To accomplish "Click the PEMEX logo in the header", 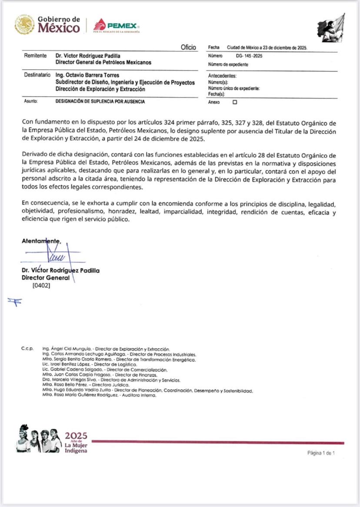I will point(116,26).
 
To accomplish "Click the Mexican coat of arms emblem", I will point(24,24).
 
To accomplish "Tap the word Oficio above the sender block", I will point(188,47).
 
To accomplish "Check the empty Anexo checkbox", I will point(235,102).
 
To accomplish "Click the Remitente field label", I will point(35,56).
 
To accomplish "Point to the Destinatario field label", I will point(37,75).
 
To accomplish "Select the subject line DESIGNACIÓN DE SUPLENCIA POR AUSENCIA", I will point(100,101).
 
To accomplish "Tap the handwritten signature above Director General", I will point(60,257).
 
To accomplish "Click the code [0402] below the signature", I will point(41,286).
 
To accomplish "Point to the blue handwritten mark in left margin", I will point(14,302).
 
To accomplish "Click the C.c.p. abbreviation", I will point(27,349).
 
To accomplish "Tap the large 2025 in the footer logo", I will point(76,435).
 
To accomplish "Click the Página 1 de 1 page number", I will point(321,453).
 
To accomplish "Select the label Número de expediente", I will point(228,64).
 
